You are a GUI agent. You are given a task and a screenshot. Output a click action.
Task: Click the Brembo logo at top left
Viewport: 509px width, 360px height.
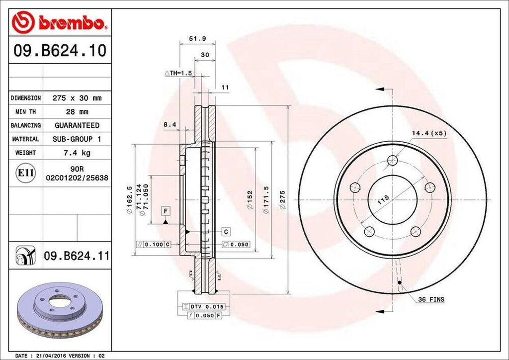[60, 22]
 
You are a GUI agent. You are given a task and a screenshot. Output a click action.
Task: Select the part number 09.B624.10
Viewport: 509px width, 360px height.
[60, 50]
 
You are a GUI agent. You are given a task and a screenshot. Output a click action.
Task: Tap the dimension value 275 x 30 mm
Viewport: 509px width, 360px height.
[77, 98]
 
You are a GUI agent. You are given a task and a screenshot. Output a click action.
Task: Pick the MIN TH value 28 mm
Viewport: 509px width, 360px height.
[77, 112]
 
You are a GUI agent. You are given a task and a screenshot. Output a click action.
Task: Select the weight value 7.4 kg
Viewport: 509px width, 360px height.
[77, 153]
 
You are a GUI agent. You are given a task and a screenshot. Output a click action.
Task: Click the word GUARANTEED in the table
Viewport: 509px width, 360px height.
[77, 125]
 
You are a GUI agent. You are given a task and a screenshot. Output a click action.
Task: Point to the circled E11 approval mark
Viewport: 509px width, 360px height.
[26, 173]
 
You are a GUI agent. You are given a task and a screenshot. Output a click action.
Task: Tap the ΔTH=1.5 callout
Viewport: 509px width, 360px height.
[178, 73]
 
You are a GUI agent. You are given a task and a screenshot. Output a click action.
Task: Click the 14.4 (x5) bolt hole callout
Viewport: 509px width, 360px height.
[428, 133]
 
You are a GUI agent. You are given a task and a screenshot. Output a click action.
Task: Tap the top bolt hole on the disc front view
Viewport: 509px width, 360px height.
[393, 161]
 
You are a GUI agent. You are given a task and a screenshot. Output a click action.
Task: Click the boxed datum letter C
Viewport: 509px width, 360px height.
[226, 232]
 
